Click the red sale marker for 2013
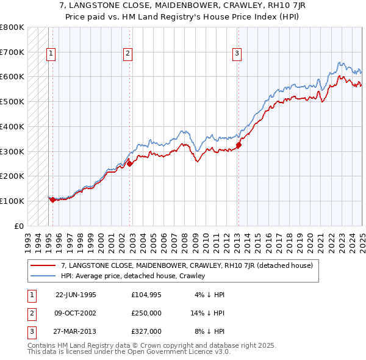click(239, 145)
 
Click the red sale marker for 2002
click(130, 163)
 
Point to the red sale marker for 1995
click(52, 200)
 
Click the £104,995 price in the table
click(146, 295)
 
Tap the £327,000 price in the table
click(146, 331)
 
